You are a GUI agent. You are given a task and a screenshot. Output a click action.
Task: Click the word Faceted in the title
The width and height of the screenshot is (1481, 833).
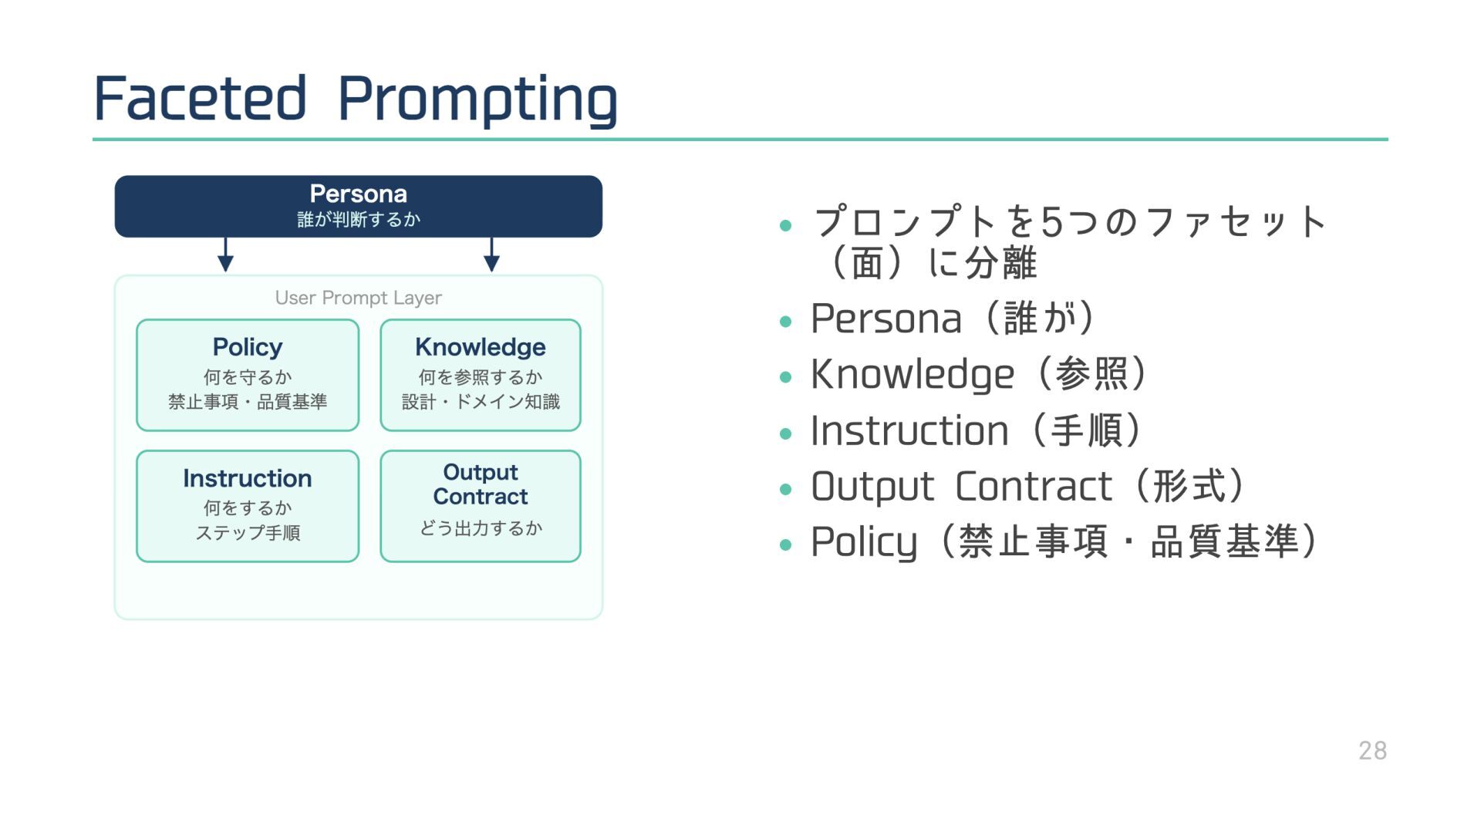click(200, 99)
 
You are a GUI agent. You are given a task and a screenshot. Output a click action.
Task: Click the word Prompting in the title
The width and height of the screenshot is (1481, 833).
click(477, 100)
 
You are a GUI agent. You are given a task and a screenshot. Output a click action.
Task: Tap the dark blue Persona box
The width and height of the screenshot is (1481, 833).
click(358, 206)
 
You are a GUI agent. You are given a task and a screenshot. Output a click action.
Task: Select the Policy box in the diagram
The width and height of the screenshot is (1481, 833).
click(248, 375)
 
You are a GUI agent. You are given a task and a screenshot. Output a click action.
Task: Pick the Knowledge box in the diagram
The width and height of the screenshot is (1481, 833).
click(480, 375)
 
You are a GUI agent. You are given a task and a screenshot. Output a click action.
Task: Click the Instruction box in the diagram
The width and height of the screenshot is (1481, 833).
click(248, 506)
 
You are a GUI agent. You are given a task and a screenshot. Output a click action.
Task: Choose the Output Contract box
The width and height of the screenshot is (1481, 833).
click(480, 506)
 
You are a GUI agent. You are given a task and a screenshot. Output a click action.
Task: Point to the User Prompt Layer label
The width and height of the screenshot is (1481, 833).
click(358, 298)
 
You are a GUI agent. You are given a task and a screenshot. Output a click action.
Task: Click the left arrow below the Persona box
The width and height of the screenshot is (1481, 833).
click(225, 255)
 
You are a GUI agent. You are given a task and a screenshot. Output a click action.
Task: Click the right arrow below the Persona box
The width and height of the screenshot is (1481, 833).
click(491, 255)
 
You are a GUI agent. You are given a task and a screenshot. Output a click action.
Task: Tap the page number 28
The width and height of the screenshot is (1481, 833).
click(1372, 750)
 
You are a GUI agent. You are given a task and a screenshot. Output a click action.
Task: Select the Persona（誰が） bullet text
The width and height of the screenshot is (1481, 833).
click(952, 319)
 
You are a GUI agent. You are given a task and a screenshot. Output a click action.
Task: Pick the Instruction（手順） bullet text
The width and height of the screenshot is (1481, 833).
click(975, 430)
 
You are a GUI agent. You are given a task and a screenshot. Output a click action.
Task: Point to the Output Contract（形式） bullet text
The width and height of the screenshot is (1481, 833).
click(1026, 487)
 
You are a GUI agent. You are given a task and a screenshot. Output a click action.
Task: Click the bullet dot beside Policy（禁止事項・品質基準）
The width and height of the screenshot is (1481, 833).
click(786, 545)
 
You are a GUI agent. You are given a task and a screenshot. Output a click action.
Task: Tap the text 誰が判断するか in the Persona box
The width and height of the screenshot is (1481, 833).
click(358, 220)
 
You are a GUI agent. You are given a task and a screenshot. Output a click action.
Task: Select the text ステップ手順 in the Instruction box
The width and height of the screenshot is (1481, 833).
click(248, 533)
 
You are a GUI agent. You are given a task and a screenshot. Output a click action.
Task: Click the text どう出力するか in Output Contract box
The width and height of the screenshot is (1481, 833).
click(480, 528)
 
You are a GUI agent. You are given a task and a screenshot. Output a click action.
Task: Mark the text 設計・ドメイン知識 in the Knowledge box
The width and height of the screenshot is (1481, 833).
click(480, 402)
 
